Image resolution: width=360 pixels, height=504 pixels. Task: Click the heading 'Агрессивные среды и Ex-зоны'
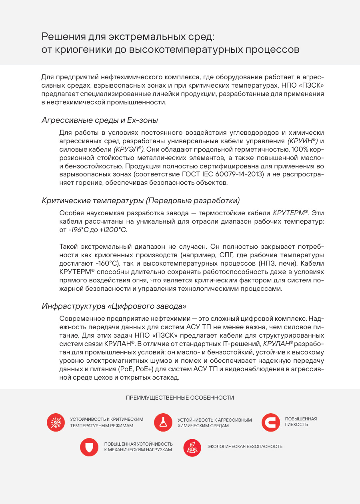pyautogui.click(x=100, y=120)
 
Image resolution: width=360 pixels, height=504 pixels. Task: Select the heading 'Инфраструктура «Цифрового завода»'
pyautogui.click(x=114, y=306)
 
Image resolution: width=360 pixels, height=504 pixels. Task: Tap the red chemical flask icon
pyautogui.click(x=162, y=422)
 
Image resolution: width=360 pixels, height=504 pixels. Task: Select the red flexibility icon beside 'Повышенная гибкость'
pyautogui.click(x=271, y=422)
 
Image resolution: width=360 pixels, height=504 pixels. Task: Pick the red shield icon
pyautogui.click(x=89, y=447)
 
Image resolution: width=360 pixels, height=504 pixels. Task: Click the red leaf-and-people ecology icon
pyautogui.click(x=192, y=447)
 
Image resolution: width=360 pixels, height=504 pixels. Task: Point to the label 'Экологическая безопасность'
pyautogui.click(x=245, y=446)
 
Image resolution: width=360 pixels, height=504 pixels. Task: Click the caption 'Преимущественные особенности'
pyautogui.click(x=180, y=398)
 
